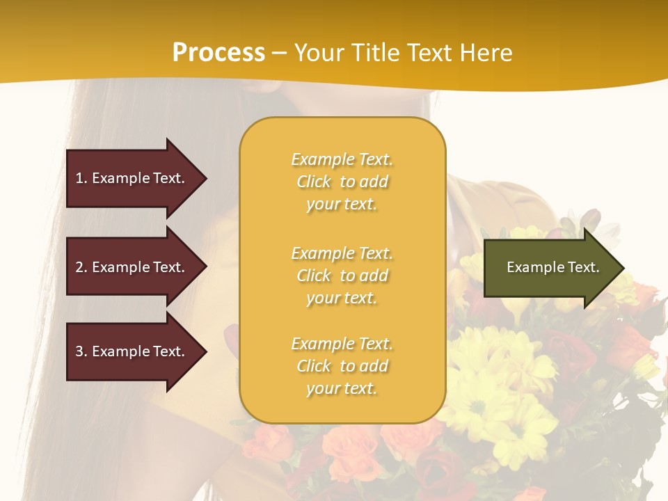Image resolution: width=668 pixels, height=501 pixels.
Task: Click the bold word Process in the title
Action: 218,52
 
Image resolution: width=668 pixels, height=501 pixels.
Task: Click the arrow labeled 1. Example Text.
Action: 132,178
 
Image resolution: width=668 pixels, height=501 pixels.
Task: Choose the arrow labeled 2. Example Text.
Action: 132,267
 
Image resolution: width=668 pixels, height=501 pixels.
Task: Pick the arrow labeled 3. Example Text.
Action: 132,351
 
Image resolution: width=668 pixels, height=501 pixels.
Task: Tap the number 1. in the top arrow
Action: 81,178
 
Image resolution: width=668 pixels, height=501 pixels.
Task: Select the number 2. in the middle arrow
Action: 81,267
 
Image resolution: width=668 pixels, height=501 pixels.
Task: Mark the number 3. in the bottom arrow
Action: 81,351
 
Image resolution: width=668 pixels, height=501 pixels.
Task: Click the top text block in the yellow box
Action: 342,182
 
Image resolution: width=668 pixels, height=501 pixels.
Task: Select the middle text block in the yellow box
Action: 342,276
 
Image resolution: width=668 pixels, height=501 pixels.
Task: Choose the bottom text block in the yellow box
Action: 342,366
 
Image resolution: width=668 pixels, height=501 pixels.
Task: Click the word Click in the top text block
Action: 314,182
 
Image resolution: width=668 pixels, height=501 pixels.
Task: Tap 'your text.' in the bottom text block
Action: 342,388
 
